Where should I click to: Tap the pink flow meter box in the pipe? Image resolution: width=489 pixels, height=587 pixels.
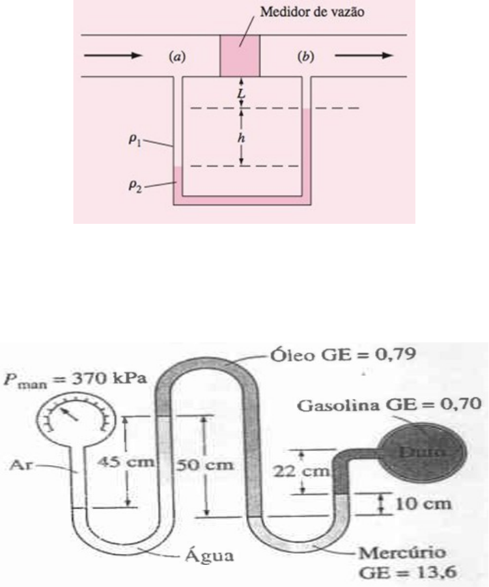pos(240,55)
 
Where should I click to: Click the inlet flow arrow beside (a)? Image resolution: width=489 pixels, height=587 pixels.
pos(114,56)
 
